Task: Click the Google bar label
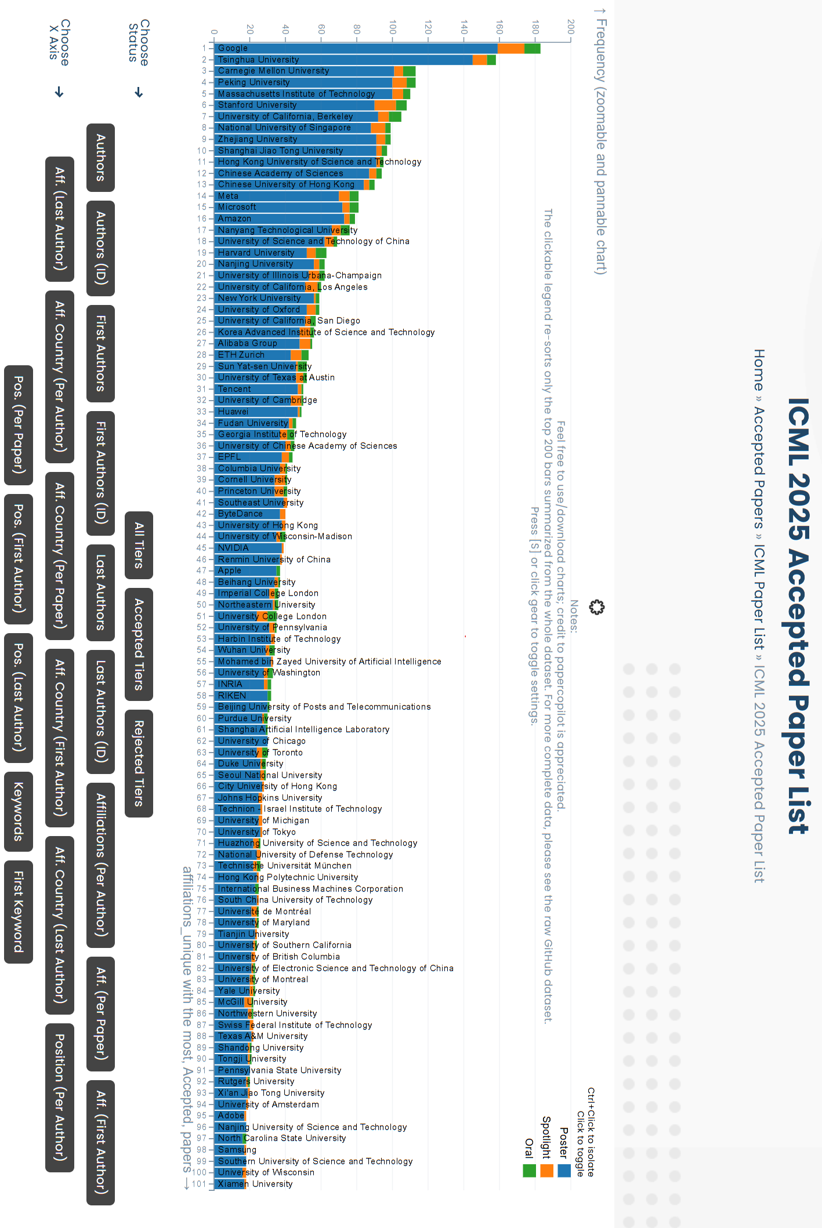point(233,48)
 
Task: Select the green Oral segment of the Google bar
point(532,48)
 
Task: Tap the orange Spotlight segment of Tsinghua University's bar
point(480,60)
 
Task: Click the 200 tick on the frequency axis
point(571,27)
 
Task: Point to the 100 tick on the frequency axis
point(393,27)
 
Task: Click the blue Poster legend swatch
point(564,1171)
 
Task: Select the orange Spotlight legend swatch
point(546,1171)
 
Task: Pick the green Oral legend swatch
point(529,1171)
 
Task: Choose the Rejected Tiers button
point(139,763)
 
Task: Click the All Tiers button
point(139,545)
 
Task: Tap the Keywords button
point(19,811)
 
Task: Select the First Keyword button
point(19,911)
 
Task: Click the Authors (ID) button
point(101,248)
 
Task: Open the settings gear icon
point(596,607)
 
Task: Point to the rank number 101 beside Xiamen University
point(200,1184)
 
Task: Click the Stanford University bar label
point(257,105)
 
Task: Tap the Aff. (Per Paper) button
point(101,1013)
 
